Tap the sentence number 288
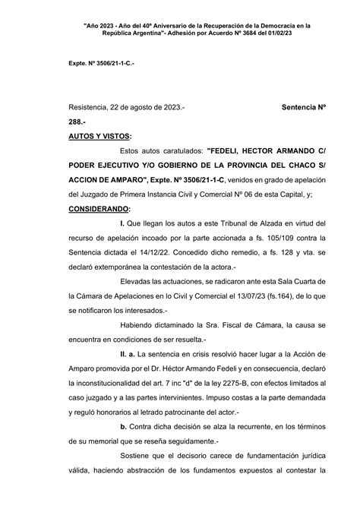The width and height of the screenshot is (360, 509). (x=55, y=122)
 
